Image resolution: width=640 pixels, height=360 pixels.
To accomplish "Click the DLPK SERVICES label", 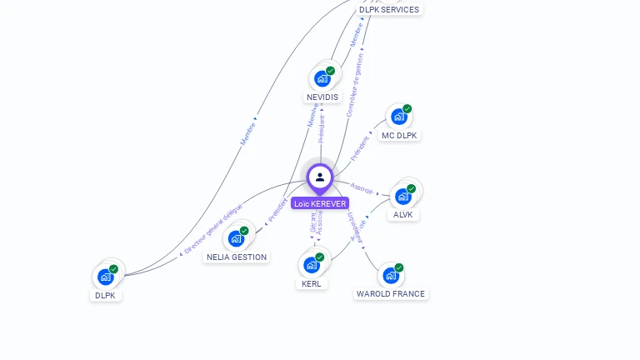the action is (389, 9).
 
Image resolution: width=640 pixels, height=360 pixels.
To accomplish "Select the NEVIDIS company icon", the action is (322, 79).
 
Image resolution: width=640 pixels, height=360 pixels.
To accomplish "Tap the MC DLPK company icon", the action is (398, 117).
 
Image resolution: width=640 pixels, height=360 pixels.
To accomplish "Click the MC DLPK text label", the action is (399, 135).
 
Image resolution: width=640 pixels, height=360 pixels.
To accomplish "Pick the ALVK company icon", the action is (403, 197).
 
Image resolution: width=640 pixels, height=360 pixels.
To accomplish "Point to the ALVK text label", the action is (403, 214).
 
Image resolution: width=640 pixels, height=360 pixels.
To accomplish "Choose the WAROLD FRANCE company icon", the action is (390, 275).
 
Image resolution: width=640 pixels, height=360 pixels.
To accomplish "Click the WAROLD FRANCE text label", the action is (390, 293).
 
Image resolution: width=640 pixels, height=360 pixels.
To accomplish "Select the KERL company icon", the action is (311, 265).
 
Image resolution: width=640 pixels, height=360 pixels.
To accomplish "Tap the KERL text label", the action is (311, 283).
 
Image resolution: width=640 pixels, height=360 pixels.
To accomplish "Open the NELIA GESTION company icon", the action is (236, 239).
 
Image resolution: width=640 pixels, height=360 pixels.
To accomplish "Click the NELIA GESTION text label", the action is (237, 257).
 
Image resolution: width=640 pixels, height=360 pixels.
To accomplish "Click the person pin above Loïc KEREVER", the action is (320, 177).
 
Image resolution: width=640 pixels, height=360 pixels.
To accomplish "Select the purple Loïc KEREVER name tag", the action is (320, 203).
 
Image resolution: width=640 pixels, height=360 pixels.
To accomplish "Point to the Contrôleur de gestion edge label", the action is (356, 84).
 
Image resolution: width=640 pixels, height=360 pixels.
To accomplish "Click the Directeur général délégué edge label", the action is (213, 227).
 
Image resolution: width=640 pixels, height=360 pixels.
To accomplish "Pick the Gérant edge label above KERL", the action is (312, 222).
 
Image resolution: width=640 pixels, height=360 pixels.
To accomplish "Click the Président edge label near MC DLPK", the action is (359, 147).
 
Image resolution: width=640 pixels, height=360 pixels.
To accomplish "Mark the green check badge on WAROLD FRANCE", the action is (399, 267).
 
